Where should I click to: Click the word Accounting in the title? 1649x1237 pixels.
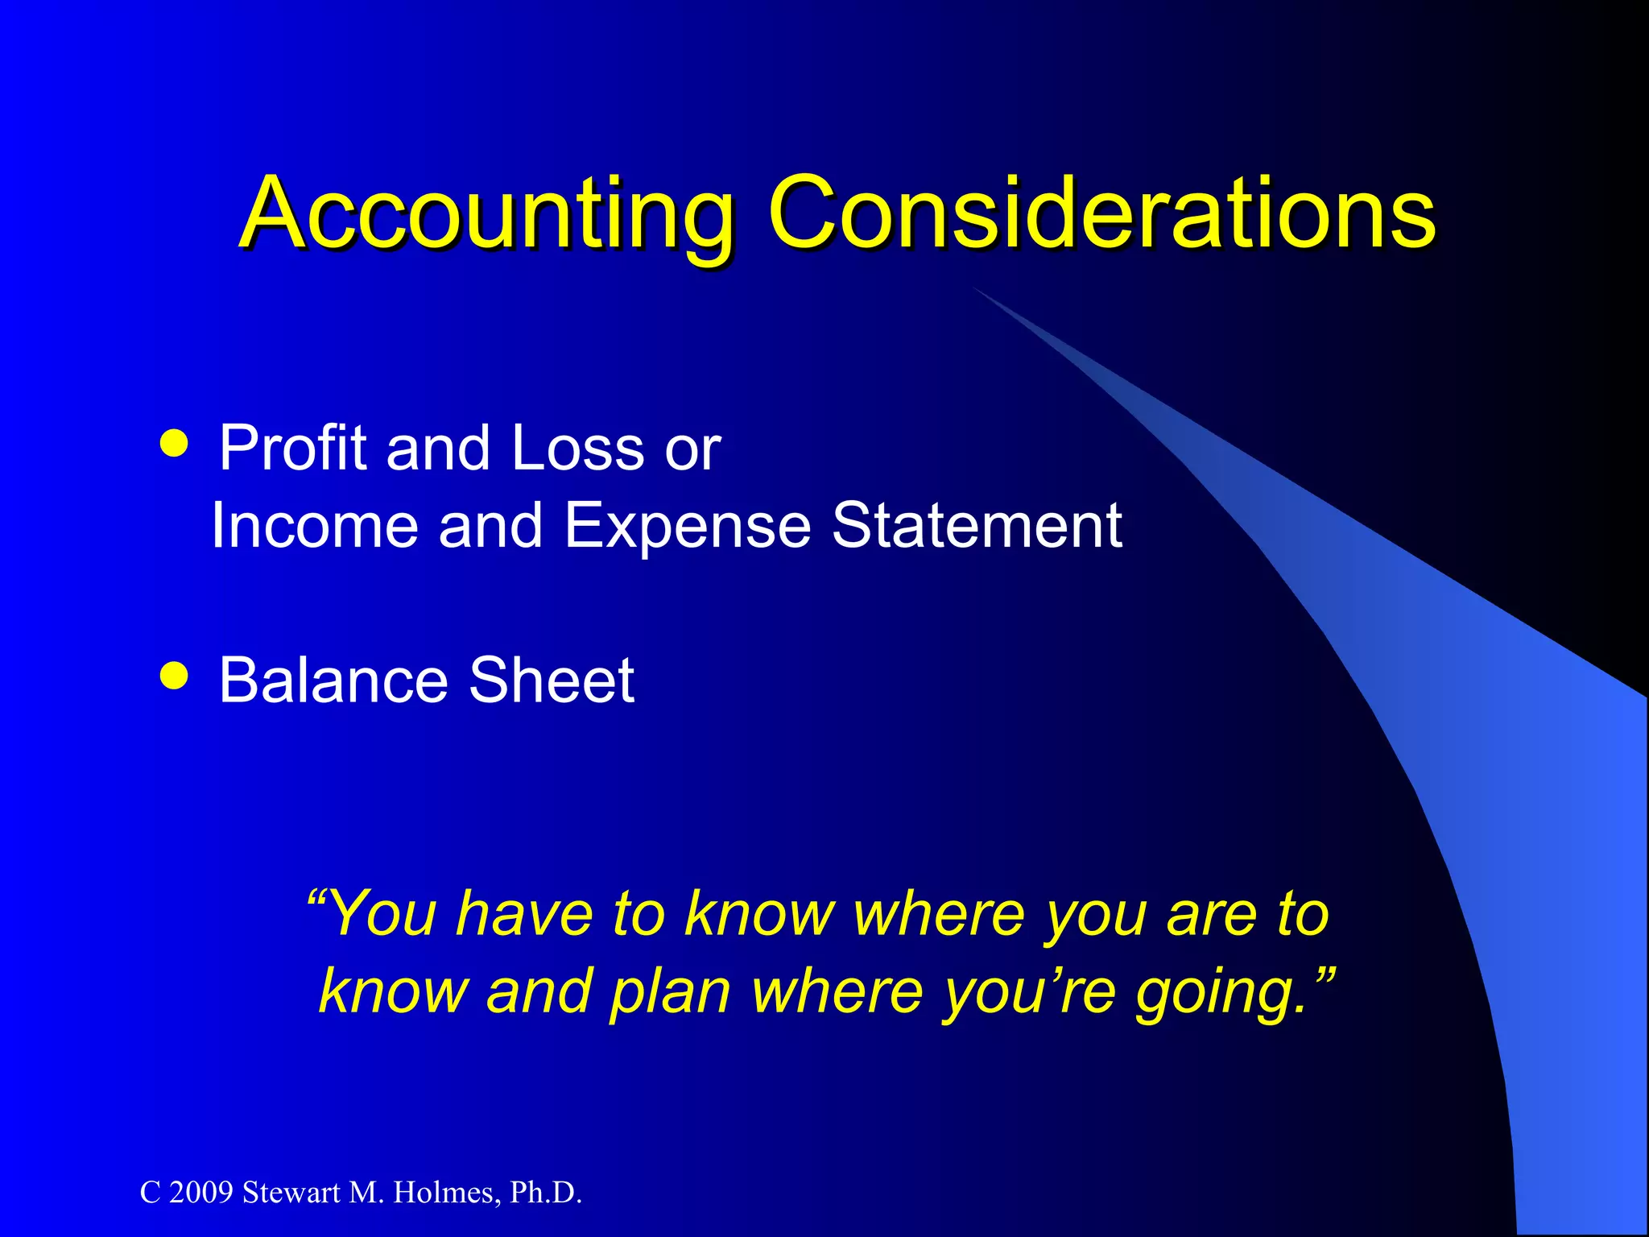[486, 213]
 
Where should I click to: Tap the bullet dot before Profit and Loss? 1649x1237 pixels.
[174, 442]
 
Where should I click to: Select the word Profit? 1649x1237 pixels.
[293, 448]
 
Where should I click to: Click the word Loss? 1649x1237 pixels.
[577, 448]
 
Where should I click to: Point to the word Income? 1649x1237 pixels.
[315, 526]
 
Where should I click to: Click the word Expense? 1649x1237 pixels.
[687, 526]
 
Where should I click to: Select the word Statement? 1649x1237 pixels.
[977, 526]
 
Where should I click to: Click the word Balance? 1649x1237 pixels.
[333, 681]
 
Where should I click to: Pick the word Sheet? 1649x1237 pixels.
[552, 681]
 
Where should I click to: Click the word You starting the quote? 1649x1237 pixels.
[382, 914]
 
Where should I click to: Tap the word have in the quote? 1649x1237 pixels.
[524, 914]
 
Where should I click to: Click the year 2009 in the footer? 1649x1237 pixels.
[201, 1193]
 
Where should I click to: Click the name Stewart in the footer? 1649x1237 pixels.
[291, 1193]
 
